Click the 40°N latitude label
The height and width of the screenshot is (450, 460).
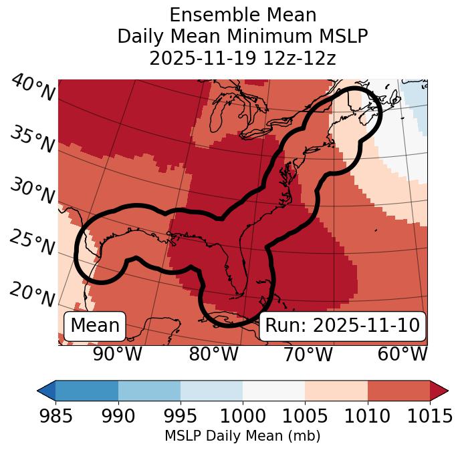[32, 88]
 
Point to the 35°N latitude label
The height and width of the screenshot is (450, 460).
[32, 139]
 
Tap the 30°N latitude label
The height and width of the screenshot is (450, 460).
[32, 192]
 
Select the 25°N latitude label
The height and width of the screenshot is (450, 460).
[32, 243]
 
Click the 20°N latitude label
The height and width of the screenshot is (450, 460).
[32, 294]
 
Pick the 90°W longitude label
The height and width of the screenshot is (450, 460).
[118, 354]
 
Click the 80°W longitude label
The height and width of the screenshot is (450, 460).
[213, 354]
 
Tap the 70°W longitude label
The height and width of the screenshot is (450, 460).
[308, 354]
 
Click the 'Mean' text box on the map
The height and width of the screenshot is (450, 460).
[95, 326]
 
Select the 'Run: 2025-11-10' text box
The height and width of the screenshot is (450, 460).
[342, 326]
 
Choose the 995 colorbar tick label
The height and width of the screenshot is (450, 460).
[181, 417]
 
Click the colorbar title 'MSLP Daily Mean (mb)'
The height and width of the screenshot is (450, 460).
[242, 436]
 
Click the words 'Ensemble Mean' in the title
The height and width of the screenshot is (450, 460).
[242, 15]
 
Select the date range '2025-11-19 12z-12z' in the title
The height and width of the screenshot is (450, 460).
[242, 58]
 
